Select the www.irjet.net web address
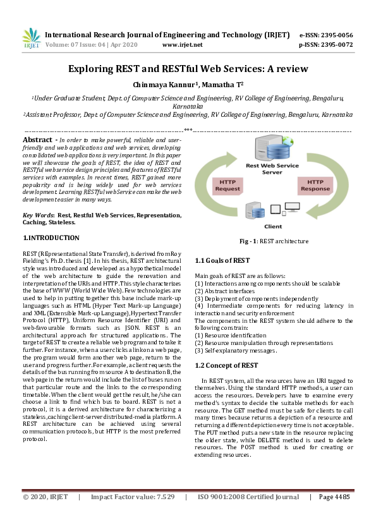182,45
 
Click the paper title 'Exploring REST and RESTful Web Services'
188,68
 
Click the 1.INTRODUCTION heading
51,238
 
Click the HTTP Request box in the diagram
227,184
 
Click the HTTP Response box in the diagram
314,184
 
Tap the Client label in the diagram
273,226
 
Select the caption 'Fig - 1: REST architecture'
273,241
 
